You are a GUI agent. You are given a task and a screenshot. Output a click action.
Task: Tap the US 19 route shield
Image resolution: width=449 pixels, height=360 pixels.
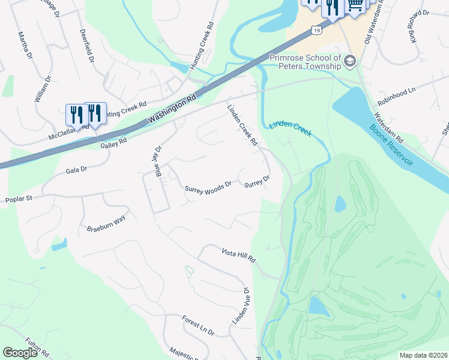point(316,29)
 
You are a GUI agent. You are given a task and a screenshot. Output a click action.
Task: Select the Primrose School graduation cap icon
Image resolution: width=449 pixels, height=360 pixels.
point(351,61)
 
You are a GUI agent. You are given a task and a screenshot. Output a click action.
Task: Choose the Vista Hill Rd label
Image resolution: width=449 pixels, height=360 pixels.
point(239,256)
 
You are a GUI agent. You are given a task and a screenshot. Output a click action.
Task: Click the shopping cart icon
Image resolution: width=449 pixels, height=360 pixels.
point(355,5)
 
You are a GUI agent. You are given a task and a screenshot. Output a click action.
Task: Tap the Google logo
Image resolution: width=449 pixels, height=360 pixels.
point(20,353)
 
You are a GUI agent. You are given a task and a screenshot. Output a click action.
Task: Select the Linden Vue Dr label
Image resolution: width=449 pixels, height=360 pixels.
point(240,307)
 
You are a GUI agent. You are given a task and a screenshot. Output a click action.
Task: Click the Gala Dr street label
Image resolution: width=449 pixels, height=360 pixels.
point(76,170)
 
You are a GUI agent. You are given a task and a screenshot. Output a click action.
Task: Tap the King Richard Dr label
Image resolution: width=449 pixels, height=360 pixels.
point(420,25)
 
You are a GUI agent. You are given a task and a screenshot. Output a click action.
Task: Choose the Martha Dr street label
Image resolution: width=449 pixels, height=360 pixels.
point(25,45)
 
